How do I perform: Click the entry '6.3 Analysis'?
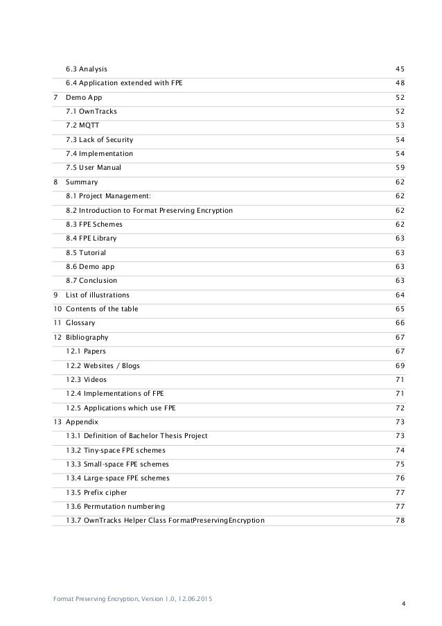click(x=87, y=69)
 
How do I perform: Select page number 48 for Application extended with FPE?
click(x=399, y=83)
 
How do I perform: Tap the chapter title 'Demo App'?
click(x=83, y=97)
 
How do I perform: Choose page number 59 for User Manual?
click(x=399, y=168)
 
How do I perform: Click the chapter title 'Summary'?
click(x=82, y=182)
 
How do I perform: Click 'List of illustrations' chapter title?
click(x=98, y=295)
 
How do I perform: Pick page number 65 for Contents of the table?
click(x=399, y=309)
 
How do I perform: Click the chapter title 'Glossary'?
click(x=80, y=323)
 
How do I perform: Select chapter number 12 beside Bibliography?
click(x=56, y=337)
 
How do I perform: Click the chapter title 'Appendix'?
click(x=82, y=421)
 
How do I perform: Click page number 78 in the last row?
click(x=399, y=521)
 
